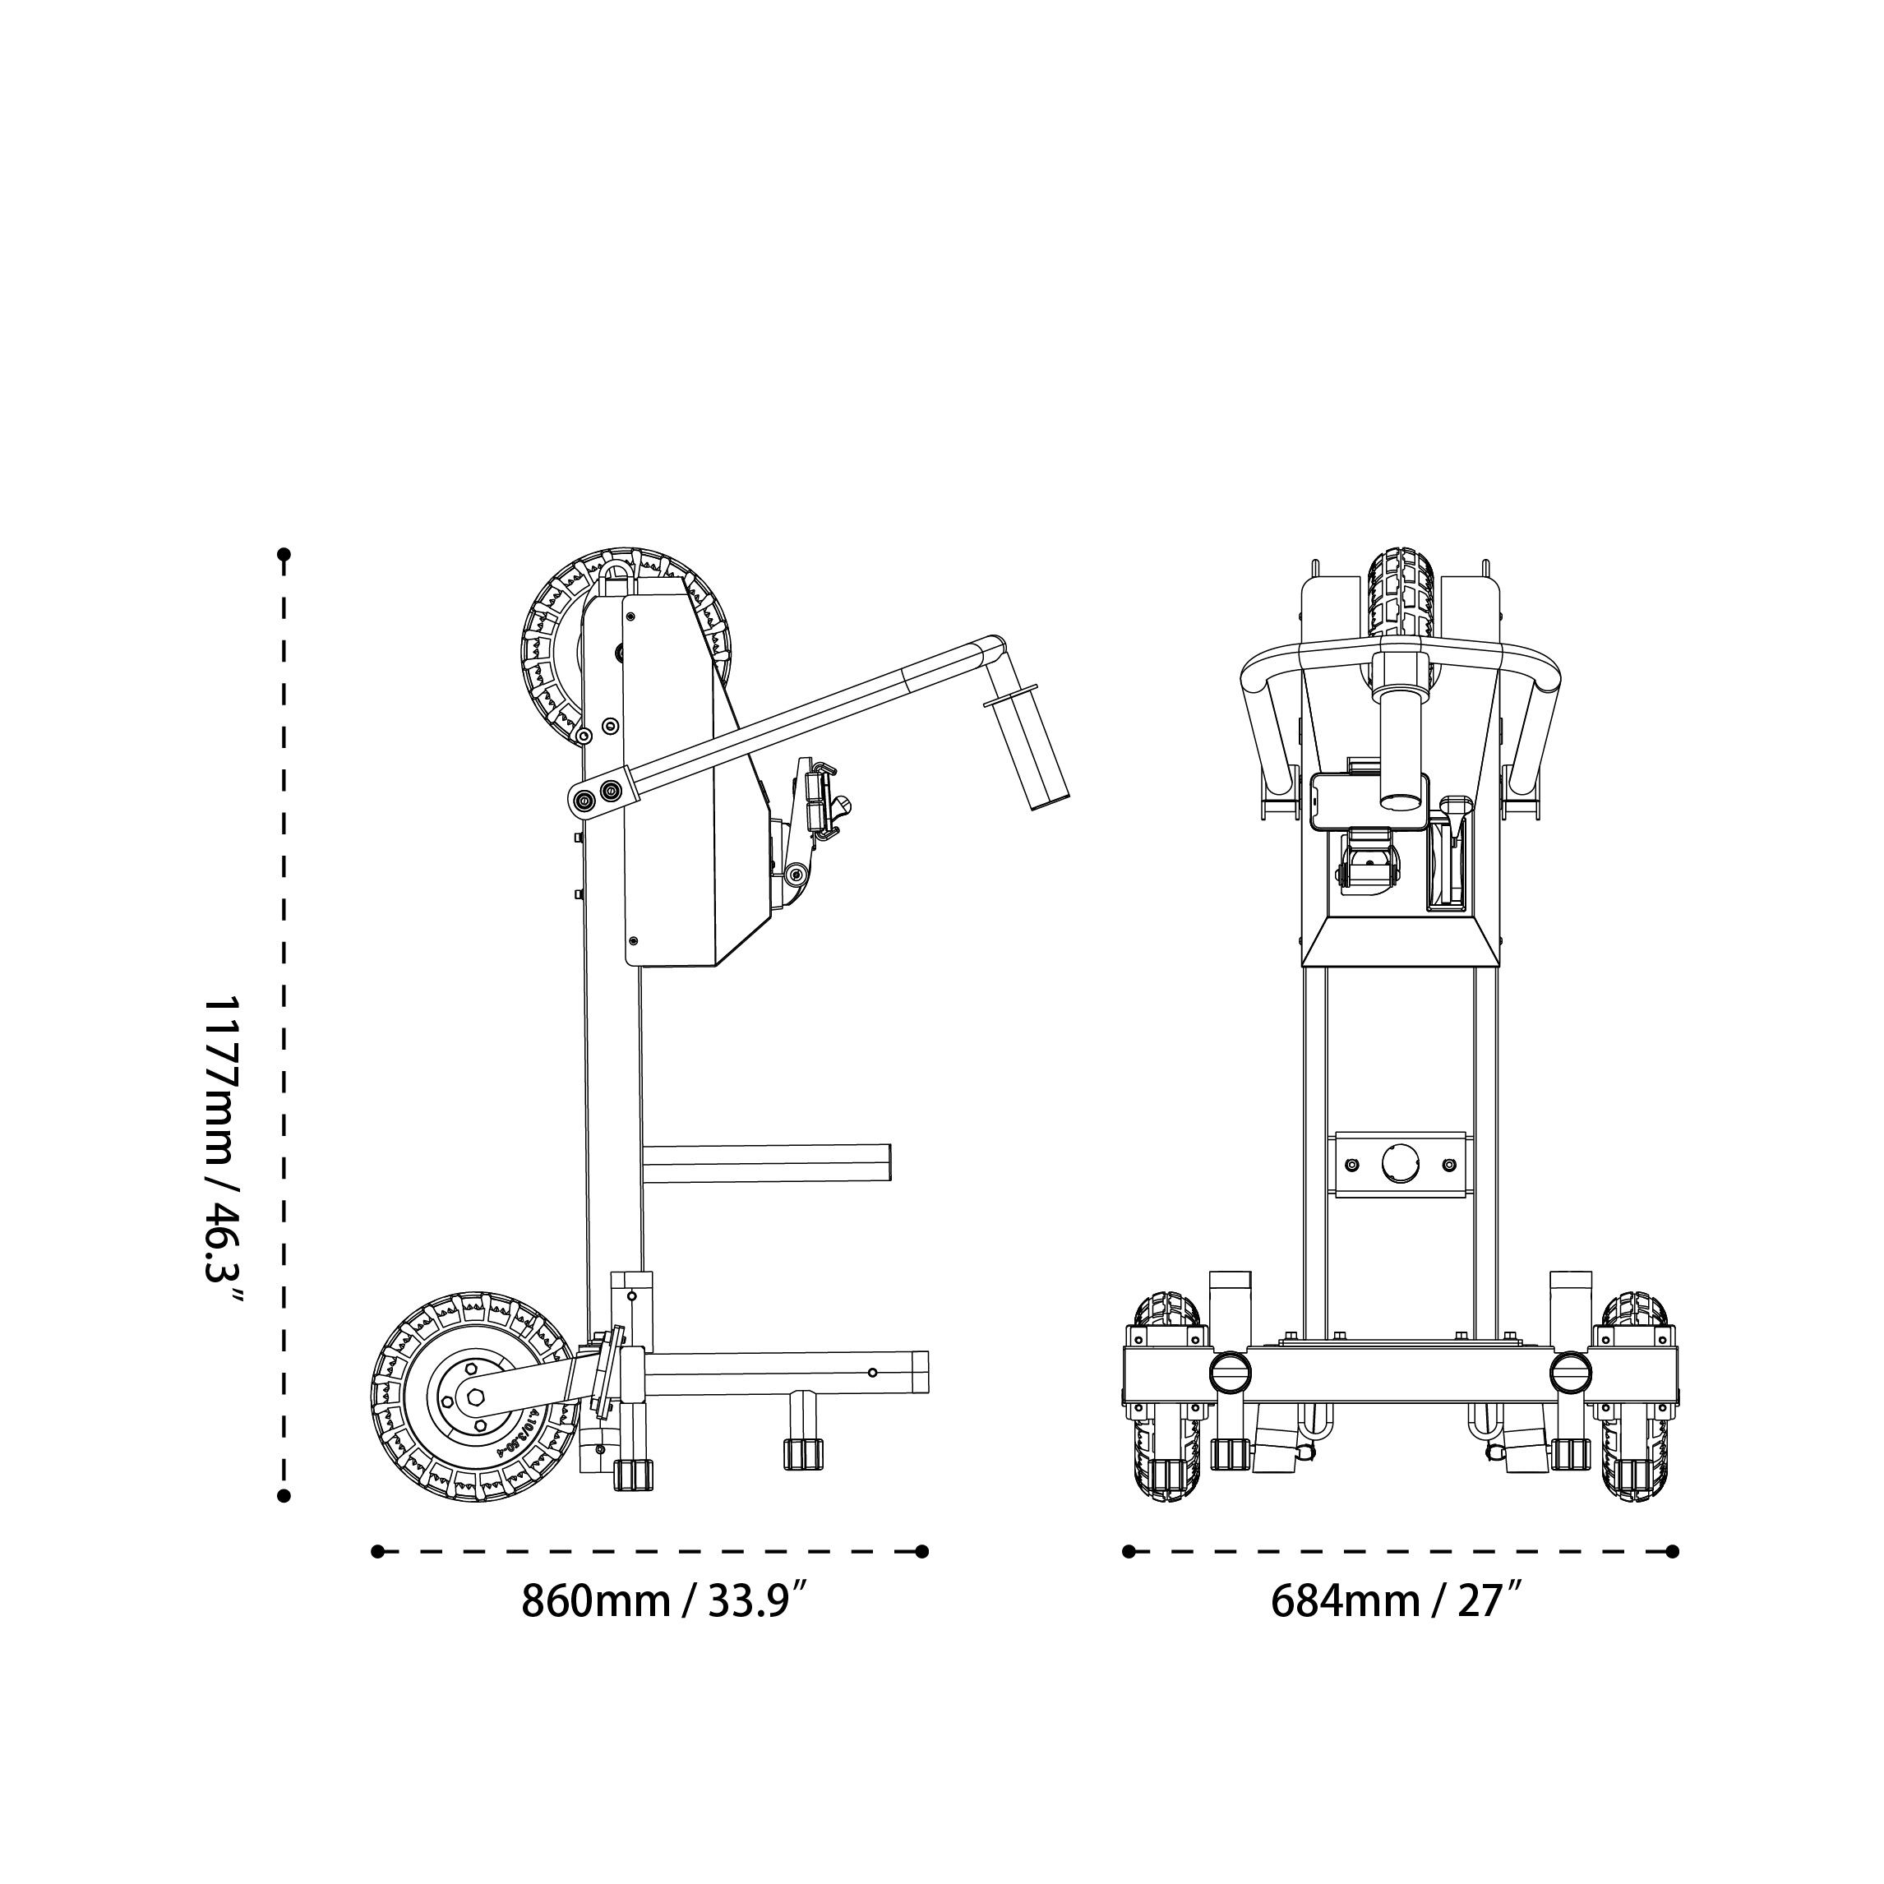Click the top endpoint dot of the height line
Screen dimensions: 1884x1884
point(284,555)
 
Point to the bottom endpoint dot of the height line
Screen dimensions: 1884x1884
point(284,1496)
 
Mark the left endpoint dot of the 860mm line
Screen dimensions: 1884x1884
point(377,1551)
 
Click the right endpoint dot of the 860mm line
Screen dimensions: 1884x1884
point(922,1551)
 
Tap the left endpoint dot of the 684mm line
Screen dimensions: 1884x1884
point(1129,1551)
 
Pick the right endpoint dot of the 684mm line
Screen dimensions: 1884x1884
point(1674,1551)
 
